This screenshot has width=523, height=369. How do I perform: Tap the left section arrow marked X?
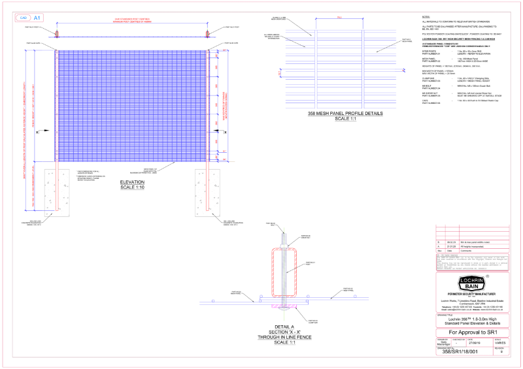[x=37, y=132]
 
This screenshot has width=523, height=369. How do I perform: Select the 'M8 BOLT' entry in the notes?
[x=428, y=86]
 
